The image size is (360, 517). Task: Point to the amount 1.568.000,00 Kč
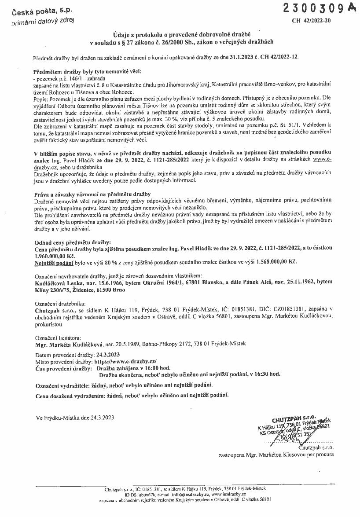pos(276,261)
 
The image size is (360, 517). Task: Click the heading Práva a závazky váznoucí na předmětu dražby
pos(92,194)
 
